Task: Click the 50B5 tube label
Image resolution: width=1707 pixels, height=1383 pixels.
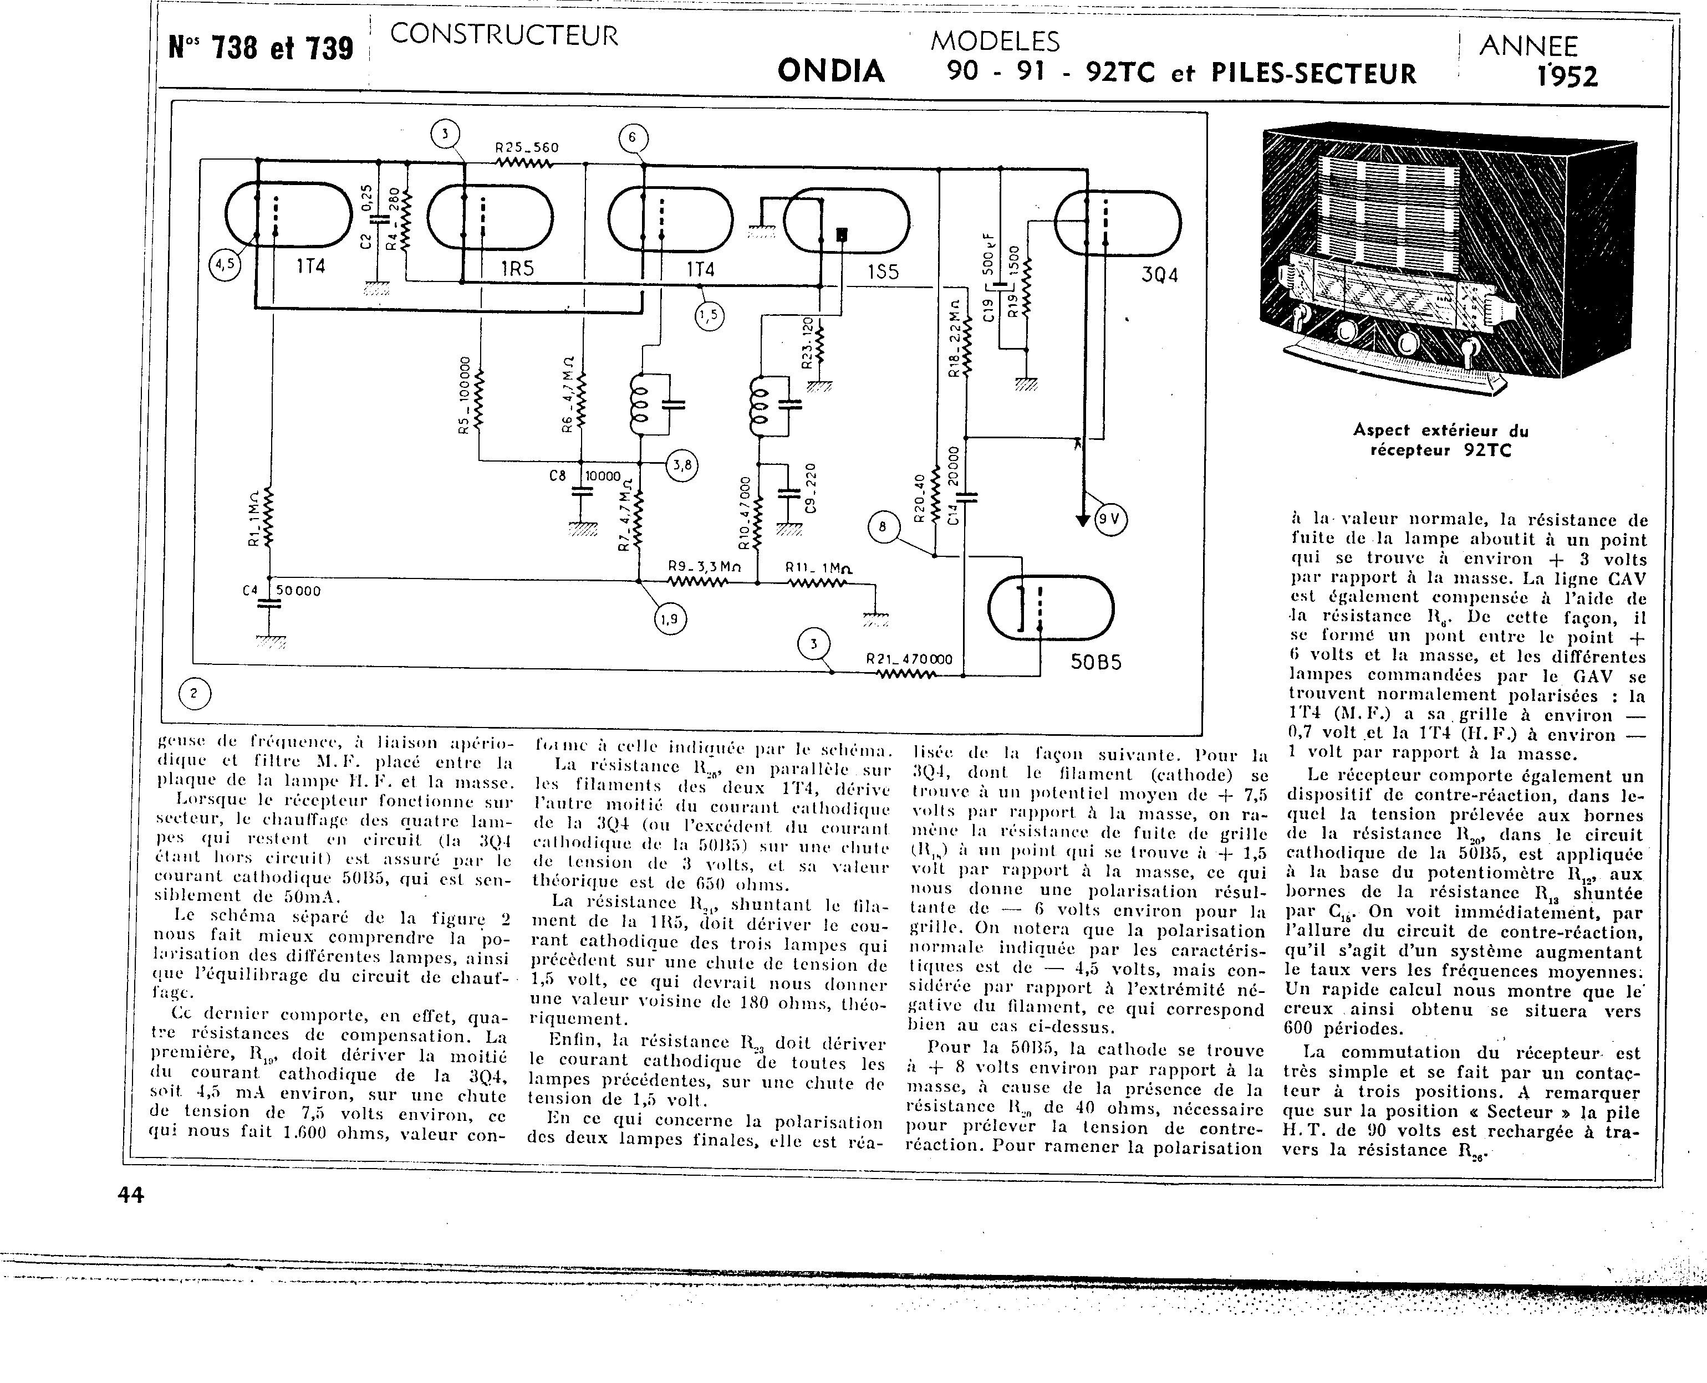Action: (x=1095, y=661)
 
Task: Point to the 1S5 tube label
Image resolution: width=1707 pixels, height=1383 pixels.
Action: (x=883, y=272)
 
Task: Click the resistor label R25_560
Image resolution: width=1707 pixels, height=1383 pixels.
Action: (x=527, y=147)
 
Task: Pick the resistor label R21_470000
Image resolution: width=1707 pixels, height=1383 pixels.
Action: (x=909, y=659)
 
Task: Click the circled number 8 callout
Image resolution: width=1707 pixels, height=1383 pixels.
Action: (x=882, y=527)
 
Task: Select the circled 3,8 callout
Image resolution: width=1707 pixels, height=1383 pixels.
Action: (x=682, y=465)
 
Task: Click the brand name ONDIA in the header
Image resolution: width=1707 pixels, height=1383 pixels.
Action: (x=830, y=71)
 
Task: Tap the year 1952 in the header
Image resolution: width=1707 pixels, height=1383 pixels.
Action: (x=1567, y=76)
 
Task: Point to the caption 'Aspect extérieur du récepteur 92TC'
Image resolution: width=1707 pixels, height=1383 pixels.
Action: (x=1441, y=440)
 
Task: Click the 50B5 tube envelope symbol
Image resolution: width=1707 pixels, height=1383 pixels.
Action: (x=1051, y=608)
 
